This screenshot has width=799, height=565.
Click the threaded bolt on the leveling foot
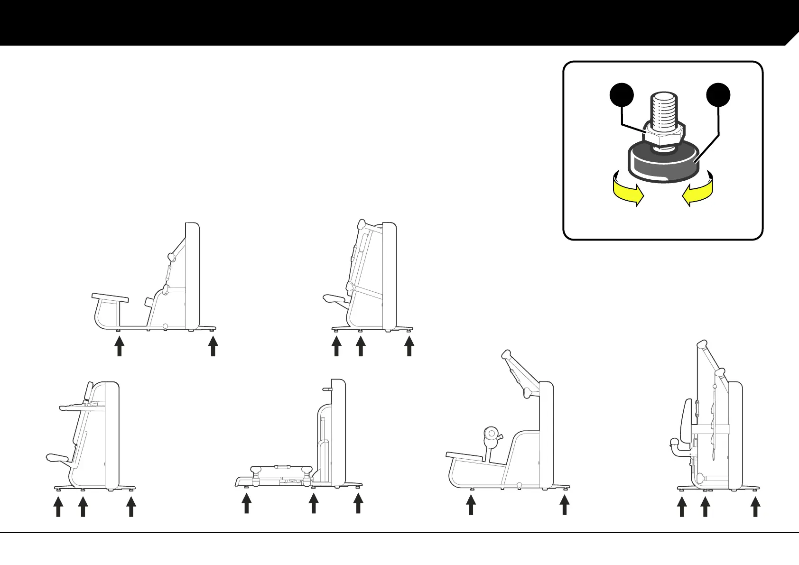(x=663, y=111)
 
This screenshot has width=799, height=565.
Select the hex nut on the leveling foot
(x=663, y=136)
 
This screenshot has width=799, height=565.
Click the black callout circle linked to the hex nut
(x=622, y=95)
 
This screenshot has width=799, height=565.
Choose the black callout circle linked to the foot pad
(x=718, y=95)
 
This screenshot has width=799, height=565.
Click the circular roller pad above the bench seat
(x=492, y=434)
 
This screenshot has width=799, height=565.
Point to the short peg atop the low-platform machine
(x=327, y=389)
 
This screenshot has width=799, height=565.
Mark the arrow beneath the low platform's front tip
(x=246, y=504)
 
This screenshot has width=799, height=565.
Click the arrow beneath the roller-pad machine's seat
(x=471, y=505)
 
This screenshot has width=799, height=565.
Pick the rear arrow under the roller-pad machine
(x=564, y=505)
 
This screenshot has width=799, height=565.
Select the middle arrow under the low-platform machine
(x=313, y=504)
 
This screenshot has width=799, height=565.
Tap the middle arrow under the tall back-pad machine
(x=705, y=507)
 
